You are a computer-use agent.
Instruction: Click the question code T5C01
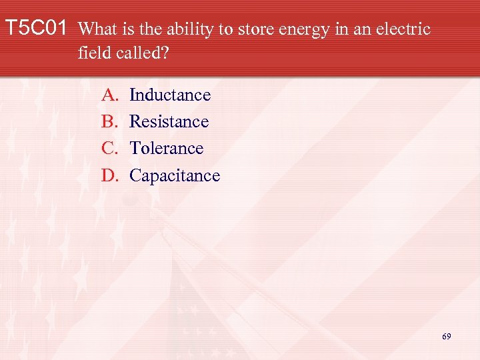tap(36, 29)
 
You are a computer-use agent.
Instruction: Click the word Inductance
tap(170, 95)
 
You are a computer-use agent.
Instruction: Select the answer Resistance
tap(169, 122)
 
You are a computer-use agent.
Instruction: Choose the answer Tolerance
tap(166, 149)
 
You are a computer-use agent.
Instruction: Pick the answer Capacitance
tap(175, 176)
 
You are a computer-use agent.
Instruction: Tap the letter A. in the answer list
tap(109, 95)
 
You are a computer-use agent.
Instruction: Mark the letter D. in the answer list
tap(109, 176)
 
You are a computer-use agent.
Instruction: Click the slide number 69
tap(446, 337)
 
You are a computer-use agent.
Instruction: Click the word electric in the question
tap(403, 30)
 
